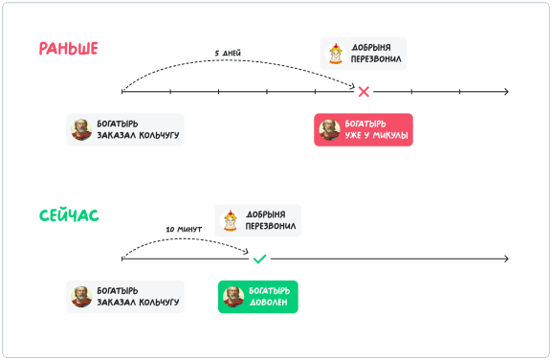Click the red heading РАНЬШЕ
(68, 49)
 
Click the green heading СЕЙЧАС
(69, 215)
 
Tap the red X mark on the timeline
(364, 92)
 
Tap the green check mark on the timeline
(260, 259)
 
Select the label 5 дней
(228, 54)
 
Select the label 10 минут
(184, 230)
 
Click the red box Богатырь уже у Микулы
(364, 129)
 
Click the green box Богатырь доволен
(258, 297)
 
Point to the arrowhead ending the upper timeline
(507, 92)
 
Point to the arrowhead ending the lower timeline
(507, 259)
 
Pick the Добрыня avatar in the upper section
(336, 54)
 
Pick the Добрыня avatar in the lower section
(231, 220)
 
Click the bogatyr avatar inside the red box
(329, 129)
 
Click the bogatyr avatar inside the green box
(233, 297)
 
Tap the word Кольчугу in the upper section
(159, 135)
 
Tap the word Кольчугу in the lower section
(159, 303)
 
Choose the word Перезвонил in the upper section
(376, 59)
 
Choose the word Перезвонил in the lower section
(271, 226)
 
